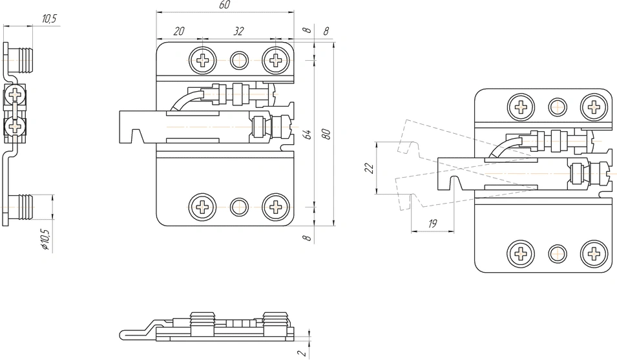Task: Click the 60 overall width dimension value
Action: coord(224,5)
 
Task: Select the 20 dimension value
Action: coord(179,31)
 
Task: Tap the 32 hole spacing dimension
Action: coord(238,31)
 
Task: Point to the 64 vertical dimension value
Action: coord(308,135)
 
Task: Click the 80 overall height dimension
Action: coord(326,134)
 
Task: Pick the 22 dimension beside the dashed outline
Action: coord(369,168)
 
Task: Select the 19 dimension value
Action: coord(432,224)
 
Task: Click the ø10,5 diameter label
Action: coord(45,239)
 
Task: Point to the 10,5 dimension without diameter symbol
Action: coord(49,19)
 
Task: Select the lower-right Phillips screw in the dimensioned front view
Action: coord(276,207)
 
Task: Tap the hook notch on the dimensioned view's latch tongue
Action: coord(136,137)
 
